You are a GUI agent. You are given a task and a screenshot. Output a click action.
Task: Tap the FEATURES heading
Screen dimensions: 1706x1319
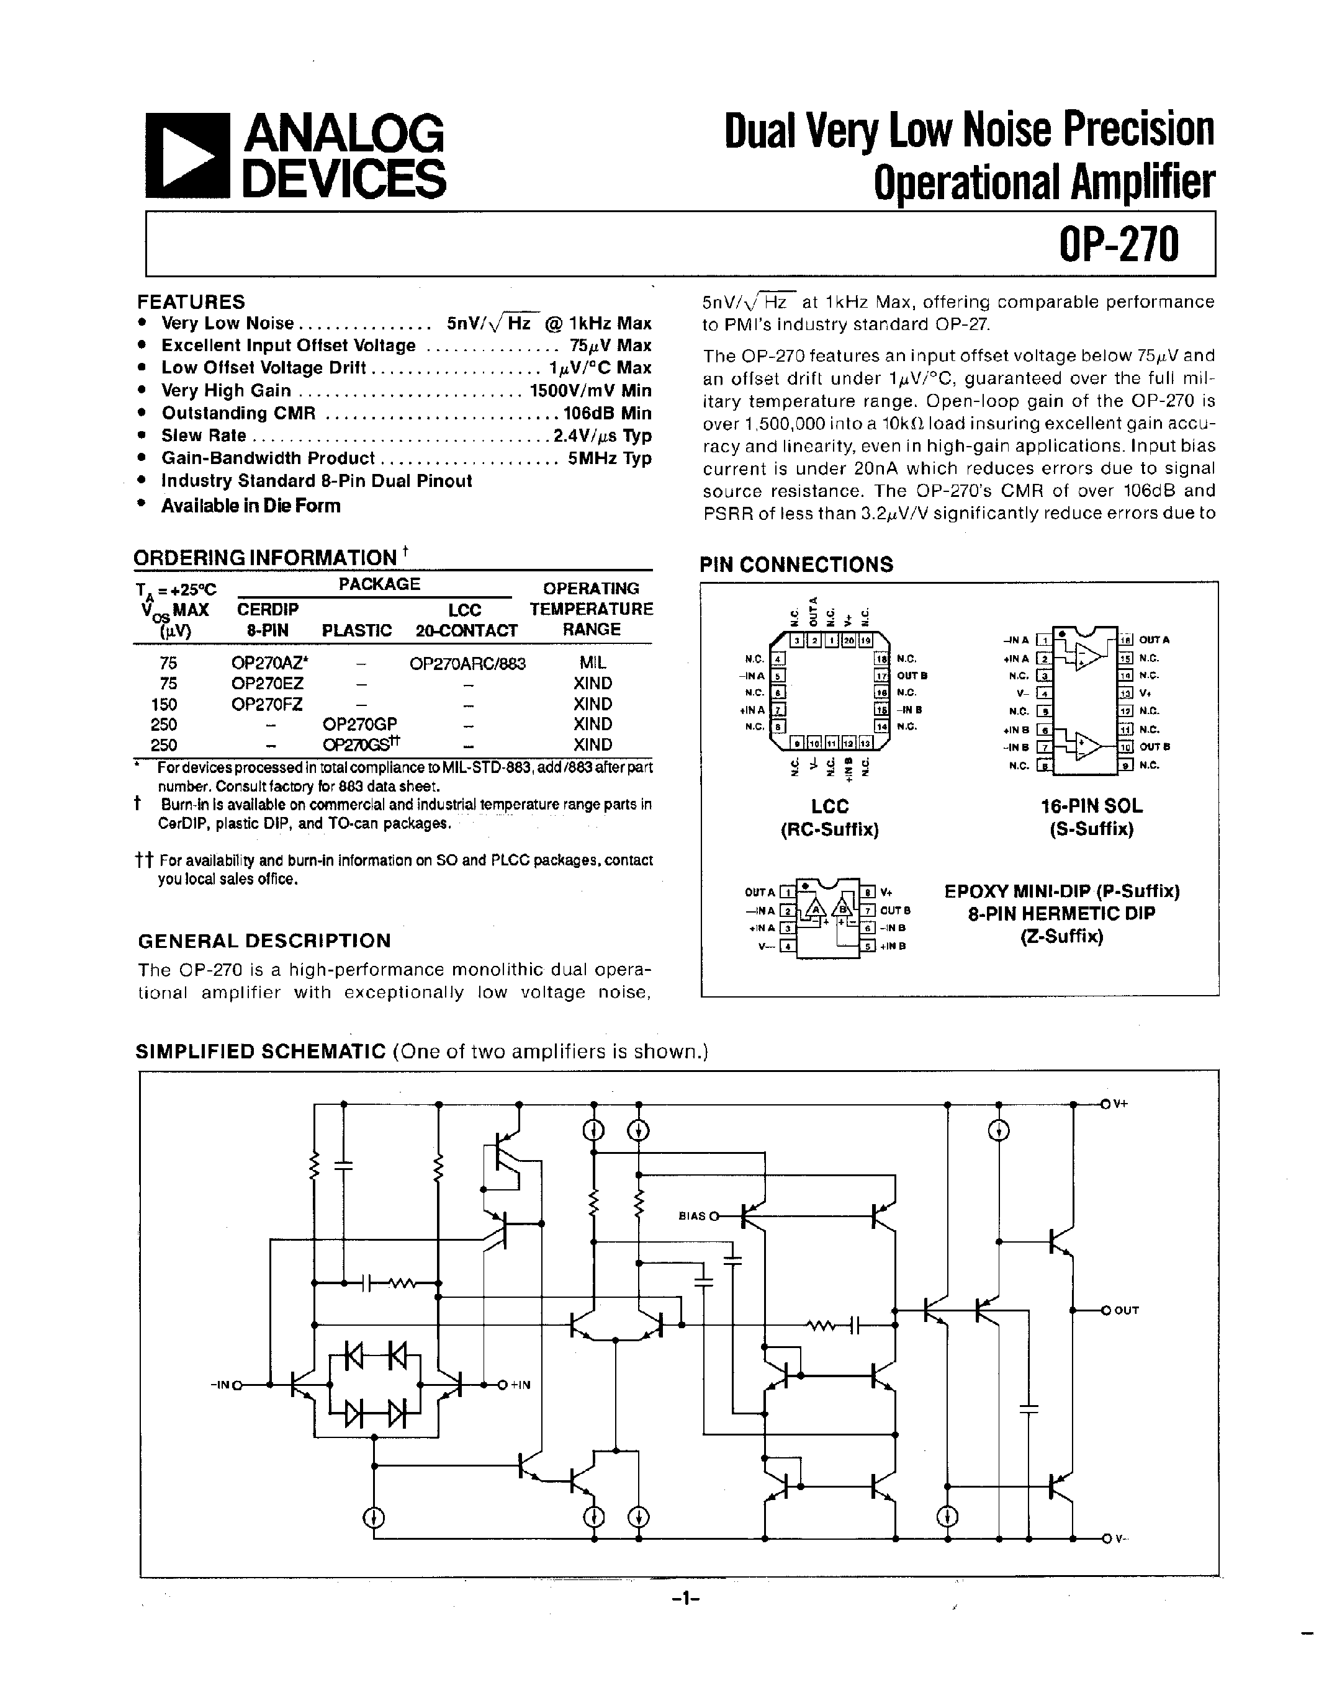191,301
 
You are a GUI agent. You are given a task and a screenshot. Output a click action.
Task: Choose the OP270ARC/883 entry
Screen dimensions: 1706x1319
467,664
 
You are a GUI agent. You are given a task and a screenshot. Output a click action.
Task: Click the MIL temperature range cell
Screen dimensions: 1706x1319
592,663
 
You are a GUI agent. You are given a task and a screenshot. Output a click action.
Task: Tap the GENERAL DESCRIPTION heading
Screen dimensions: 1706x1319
264,940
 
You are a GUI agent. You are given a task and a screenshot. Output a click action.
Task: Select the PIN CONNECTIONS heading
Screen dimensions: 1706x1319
796,564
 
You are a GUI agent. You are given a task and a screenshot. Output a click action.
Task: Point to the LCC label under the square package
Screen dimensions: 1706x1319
829,805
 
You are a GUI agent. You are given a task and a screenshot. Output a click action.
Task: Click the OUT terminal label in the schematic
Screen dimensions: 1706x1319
1126,1310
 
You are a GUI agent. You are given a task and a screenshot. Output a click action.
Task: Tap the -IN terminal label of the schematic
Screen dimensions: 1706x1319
220,1385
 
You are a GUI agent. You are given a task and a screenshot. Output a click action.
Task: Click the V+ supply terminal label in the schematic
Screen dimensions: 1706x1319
1120,1104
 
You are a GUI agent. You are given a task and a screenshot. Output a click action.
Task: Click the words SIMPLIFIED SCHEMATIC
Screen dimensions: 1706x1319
260,1052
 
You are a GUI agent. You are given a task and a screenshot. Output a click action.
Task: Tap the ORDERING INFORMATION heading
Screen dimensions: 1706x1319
265,558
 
